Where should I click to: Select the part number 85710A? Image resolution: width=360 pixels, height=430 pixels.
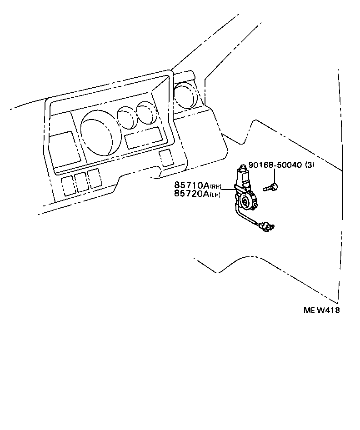[x=190, y=185]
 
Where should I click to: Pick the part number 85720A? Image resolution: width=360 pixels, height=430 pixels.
[x=190, y=194]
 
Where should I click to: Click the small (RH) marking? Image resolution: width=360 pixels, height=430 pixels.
[x=215, y=186]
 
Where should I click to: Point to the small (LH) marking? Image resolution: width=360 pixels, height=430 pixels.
[x=215, y=195]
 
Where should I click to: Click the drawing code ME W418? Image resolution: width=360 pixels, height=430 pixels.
[x=322, y=310]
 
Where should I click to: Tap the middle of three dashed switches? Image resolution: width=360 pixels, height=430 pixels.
[x=81, y=182]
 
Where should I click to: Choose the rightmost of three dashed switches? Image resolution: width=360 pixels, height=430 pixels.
[x=95, y=179]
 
